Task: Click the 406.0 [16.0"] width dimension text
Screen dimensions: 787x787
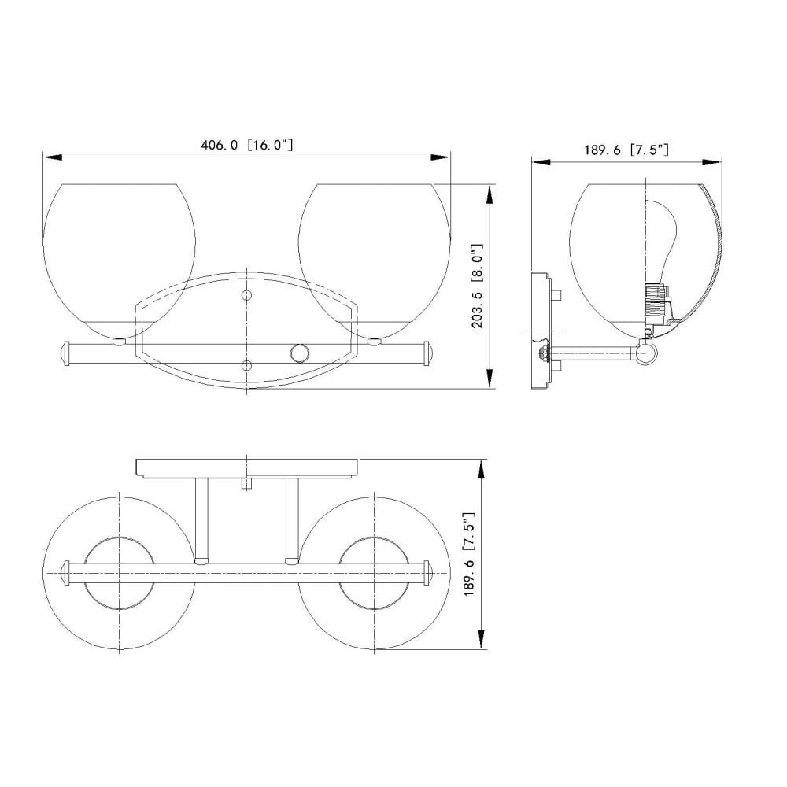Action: pos(246,145)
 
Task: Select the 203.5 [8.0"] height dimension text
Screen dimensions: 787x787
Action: pos(478,286)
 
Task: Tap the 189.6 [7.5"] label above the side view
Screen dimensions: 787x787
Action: pos(626,149)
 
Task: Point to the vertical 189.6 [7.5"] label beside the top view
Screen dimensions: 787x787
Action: pos(469,554)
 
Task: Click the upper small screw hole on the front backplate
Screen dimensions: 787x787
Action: pos(246,295)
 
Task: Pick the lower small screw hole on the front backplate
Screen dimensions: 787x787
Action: pos(246,365)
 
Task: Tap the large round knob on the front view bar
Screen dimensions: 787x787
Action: pos(300,353)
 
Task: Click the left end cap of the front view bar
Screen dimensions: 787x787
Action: pos(65,353)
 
